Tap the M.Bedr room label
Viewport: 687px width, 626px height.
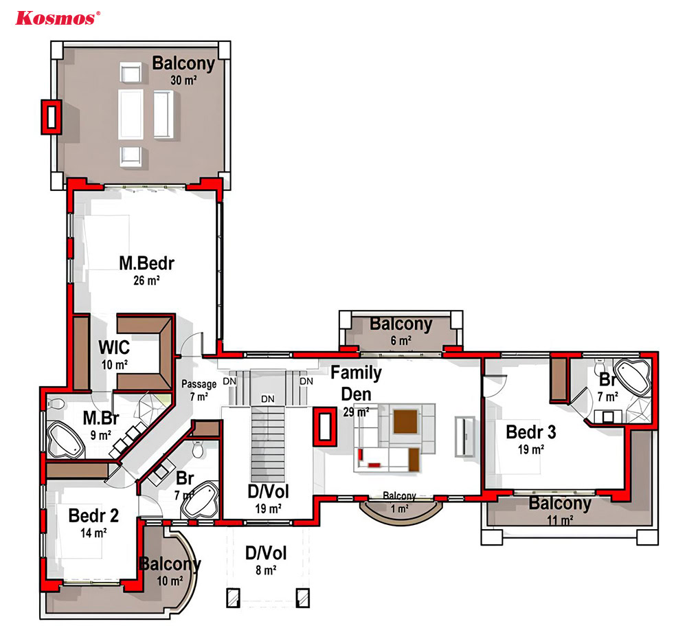click(x=147, y=263)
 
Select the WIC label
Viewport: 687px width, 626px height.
click(x=114, y=347)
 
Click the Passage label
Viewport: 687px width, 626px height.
click(x=199, y=384)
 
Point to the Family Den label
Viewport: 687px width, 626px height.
click(x=356, y=383)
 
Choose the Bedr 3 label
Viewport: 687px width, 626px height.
click(x=531, y=432)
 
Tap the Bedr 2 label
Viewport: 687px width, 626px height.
click(x=93, y=515)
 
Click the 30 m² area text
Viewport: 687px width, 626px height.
click(x=183, y=80)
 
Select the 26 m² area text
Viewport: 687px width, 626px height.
click(x=146, y=280)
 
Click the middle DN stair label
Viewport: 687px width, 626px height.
click(x=268, y=399)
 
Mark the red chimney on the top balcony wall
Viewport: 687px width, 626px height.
click(x=52, y=117)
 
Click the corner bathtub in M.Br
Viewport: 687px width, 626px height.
click(x=66, y=440)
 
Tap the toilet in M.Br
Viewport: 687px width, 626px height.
click(x=56, y=404)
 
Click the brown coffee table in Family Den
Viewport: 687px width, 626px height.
click(x=405, y=421)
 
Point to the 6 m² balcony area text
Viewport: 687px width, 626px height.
click(x=401, y=340)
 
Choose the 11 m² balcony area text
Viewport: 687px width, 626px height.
click(x=561, y=520)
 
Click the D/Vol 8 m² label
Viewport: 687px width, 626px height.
click(x=266, y=561)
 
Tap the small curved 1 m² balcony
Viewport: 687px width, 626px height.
click(x=400, y=511)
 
